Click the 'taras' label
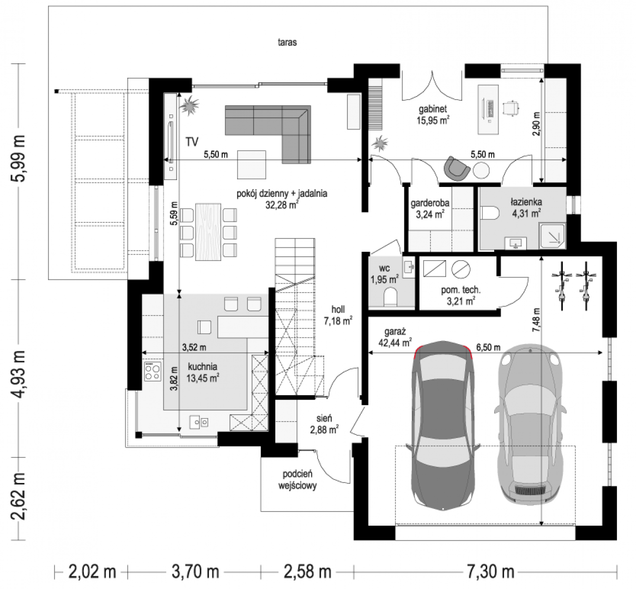coord(287,42)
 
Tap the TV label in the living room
coord(192,142)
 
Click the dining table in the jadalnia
coord(208,232)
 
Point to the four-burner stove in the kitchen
coord(153,372)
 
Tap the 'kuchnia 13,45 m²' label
coord(202,372)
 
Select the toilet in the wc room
coord(390,297)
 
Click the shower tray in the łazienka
coord(553,237)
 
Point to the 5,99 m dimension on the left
coord(18,159)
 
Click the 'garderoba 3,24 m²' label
coord(430,208)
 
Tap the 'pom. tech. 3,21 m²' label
coord(461,295)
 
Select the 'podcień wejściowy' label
coord(297,480)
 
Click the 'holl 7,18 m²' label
coord(338,315)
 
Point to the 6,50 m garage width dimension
coord(485,352)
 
